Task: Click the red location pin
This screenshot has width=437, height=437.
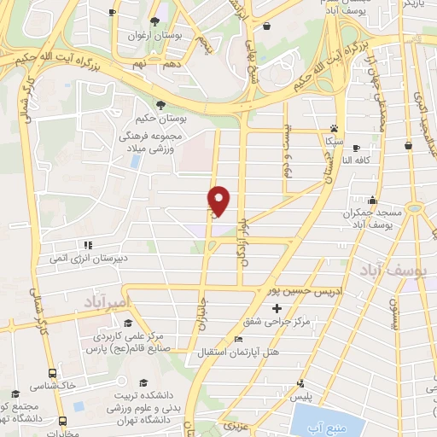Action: click(219, 201)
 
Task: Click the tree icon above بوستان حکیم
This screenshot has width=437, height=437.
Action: click(161, 104)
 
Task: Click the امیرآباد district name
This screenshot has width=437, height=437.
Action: click(105, 302)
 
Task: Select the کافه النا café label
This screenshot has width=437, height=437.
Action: click(358, 160)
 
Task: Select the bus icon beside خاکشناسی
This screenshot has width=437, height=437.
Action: click(53, 373)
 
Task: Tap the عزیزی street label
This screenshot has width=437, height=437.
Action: click(233, 424)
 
